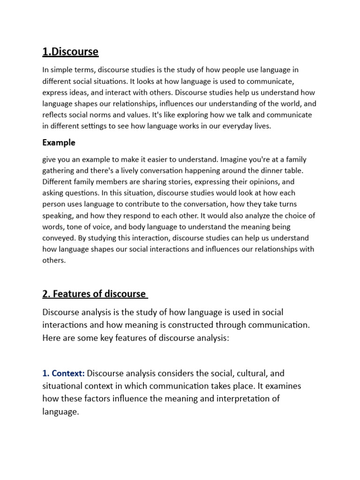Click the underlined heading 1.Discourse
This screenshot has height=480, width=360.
click(x=70, y=52)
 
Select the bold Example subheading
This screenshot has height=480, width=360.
click(x=59, y=142)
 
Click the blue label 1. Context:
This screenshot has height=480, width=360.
click(x=63, y=374)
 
